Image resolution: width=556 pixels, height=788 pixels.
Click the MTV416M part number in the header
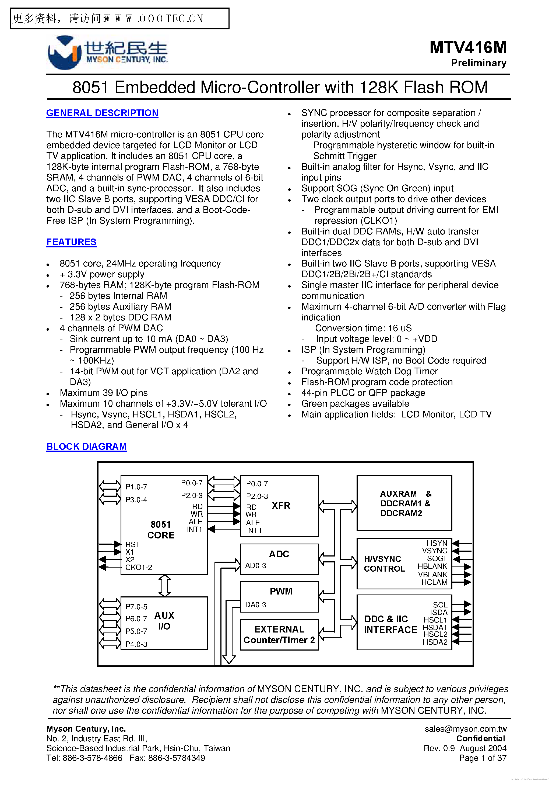pyautogui.click(x=468, y=48)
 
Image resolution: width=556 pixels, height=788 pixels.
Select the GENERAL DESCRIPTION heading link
pyautogui.click(x=102, y=113)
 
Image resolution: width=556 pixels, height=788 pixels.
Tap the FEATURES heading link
pyautogui.click(x=71, y=242)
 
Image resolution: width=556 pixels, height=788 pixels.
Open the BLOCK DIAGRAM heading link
pyautogui.click(x=86, y=447)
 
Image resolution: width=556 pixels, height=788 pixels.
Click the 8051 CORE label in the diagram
pyautogui.click(x=161, y=530)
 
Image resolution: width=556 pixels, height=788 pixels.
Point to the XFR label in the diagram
pyautogui.click(x=281, y=506)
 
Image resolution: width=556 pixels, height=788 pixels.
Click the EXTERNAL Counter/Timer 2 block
pyautogui.click(x=279, y=635)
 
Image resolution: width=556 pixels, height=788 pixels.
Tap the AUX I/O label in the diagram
pyautogui.click(x=164, y=621)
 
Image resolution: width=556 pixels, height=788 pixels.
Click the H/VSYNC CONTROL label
pyautogui.click(x=384, y=564)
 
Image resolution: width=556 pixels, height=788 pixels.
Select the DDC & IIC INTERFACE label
pyautogui.click(x=390, y=624)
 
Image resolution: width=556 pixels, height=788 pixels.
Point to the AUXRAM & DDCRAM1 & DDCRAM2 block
pyautogui.click(x=404, y=503)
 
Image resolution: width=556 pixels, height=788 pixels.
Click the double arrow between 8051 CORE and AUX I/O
pyautogui.click(x=164, y=586)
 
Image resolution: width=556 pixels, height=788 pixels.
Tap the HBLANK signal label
pyautogui.click(x=432, y=566)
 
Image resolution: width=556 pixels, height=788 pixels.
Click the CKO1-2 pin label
pyautogui.click(x=139, y=567)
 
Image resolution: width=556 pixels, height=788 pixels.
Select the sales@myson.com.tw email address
pyautogui.click(x=465, y=729)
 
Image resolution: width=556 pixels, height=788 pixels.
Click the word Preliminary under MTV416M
pyautogui.click(x=478, y=63)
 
